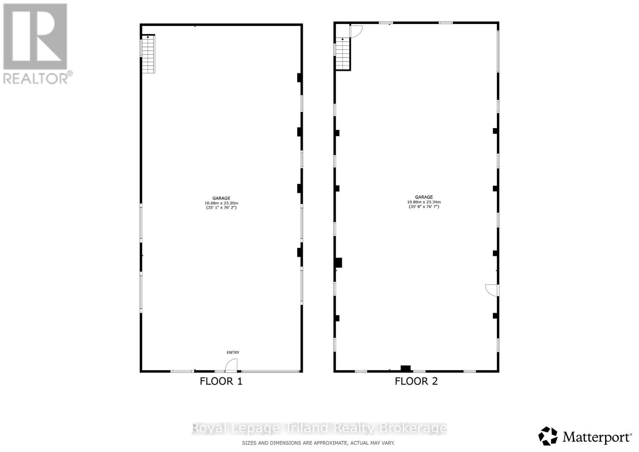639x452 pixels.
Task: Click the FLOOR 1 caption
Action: click(221, 381)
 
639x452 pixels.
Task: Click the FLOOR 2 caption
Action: click(416, 381)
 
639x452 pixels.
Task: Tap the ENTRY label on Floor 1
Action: click(233, 352)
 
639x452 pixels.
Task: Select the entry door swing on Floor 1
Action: click(231, 365)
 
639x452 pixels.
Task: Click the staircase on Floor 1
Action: click(148, 54)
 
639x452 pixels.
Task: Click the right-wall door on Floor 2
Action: click(492, 289)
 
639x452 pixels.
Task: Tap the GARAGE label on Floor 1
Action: click(221, 198)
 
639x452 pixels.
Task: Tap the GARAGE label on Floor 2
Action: click(424, 197)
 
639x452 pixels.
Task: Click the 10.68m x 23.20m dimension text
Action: click(221, 203)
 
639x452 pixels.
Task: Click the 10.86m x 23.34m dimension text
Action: click(424, 202)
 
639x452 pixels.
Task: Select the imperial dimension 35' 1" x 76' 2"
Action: click(221, 208)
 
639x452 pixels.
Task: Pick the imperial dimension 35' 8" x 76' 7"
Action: click(424, 207)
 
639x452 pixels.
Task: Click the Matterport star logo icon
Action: click(548, 436)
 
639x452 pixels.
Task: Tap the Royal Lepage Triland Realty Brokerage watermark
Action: click(319, 428)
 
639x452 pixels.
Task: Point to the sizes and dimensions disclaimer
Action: click(318, 443)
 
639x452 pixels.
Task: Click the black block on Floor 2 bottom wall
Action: click(406, 368)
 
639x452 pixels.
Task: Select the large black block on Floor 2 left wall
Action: click(338, 262)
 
